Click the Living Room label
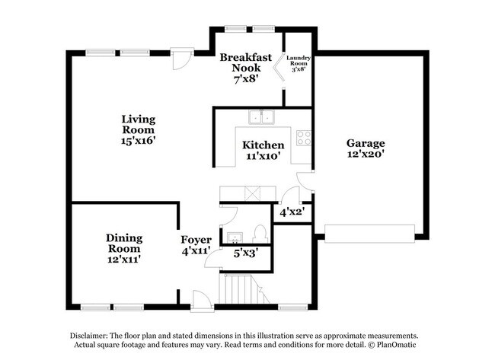tap(139, 124)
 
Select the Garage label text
tap(366, 143)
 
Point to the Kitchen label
tap(263, 145)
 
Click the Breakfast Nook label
tap(245, 62)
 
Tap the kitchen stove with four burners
tap(303, 138)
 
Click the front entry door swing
tap(199, 298)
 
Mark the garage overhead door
tap(370, 233)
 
